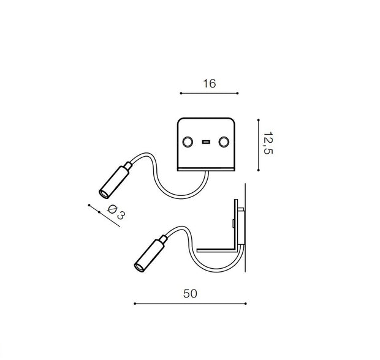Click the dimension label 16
[x=209, y=83]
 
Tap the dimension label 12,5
[x=268, y=143]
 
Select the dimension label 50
[x=190, y=294]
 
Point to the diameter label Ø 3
[x=116, y=212]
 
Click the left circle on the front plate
[x=188, y=142]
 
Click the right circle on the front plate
[x=224, y=142]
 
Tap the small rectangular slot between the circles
[x=206, y=142]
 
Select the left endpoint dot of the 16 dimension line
[x=181, y=93]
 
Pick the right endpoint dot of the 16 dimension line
[x=238, y=93]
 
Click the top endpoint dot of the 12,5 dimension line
[x=259, y=120]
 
